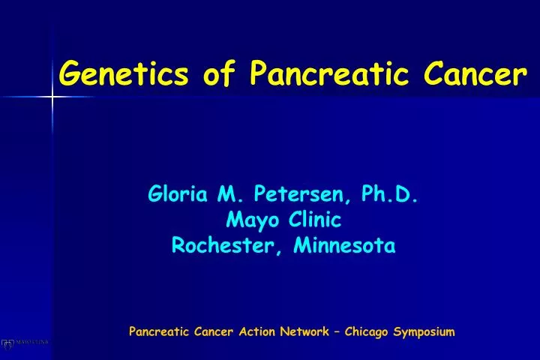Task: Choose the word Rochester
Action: coord(223,245)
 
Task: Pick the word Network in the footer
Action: coord(304,331)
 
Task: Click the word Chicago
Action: coord(367,331)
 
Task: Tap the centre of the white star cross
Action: coord(52,96)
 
